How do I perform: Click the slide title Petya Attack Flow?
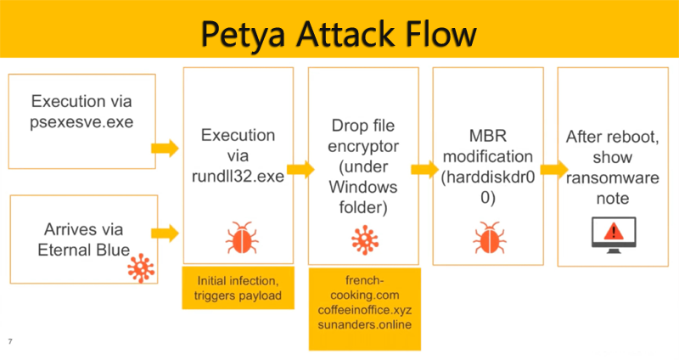[x=339, y=33]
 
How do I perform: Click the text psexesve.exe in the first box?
[x=81, y=121]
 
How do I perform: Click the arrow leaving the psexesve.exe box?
[x=165, y=149]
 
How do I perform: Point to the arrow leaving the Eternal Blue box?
[x=165, y=231]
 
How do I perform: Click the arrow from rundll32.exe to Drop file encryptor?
[x=297, y=169]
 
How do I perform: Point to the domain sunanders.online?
[x=365, y=326]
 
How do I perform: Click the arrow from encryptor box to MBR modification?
[x=421, y=169]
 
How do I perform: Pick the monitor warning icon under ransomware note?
[x=613, y=233]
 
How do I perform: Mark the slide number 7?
[x=10, y=340]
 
